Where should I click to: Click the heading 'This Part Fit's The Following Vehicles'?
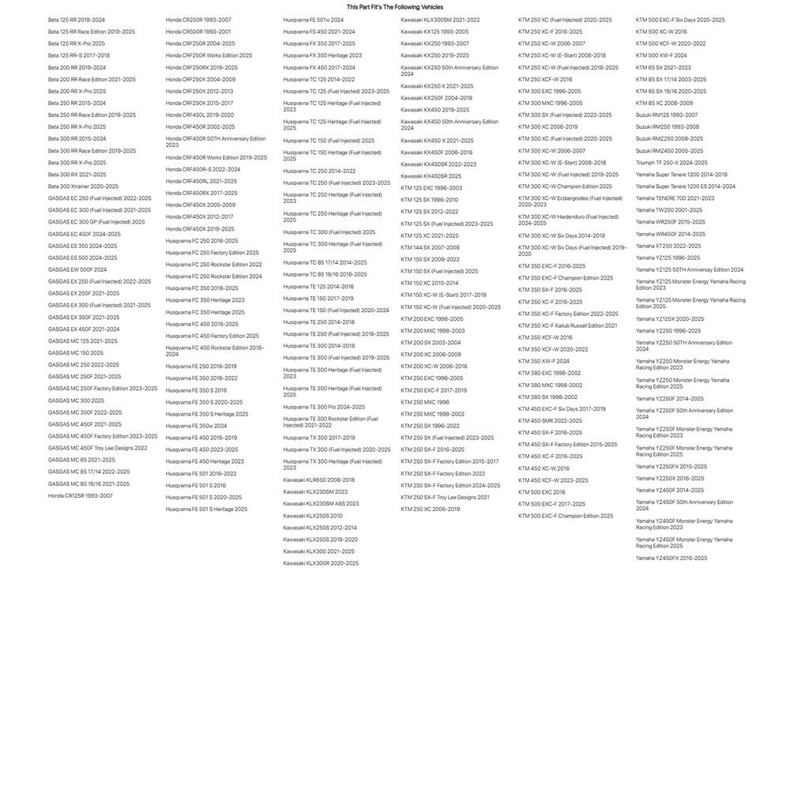[395, 6]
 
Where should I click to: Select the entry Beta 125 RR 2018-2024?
[76, 19]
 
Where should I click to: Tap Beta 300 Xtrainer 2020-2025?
[83, 186]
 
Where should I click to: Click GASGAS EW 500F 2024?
[77, 269]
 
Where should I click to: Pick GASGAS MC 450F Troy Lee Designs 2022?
[97, 448]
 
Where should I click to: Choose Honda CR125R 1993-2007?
[80, 495]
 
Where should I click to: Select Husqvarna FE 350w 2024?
[196, 426]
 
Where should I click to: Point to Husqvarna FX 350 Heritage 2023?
[322, 55]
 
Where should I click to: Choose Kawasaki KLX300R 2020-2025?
[321, 563]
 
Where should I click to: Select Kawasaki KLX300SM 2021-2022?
[440, 19]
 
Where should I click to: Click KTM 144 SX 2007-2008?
[430, 247]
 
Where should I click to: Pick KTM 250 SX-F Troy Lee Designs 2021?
[445, 497]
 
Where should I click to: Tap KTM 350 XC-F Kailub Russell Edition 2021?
[567, 325]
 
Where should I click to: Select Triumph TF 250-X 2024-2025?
[671, 162]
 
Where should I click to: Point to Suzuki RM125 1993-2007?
[667, 115]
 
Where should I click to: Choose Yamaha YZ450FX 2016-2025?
[671, 558]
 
